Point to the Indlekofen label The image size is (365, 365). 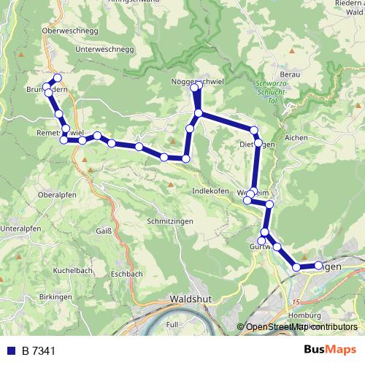click(210, 191)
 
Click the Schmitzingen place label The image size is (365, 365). click(152, 220)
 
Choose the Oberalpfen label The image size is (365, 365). click(57, 196)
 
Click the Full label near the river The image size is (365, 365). click(172, 323)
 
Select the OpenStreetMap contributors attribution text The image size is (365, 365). click(301, 327)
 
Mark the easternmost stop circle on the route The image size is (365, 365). click(319, 265)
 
